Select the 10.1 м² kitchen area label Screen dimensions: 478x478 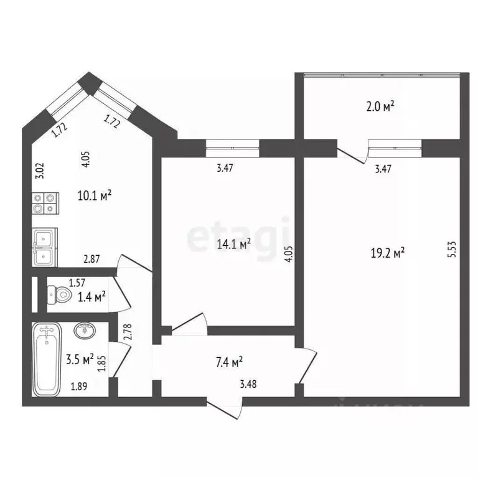(x=95, y=195)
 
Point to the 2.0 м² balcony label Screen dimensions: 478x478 (x=380, y=106)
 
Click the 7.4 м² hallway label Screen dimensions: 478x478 (x=228, y=361)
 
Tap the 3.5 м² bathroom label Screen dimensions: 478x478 (x=80, y=359)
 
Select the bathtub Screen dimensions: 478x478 (x=47, y=360)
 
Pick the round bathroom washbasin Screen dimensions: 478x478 (x=85, y=330)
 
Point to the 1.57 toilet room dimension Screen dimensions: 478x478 (x=77, y=283)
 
